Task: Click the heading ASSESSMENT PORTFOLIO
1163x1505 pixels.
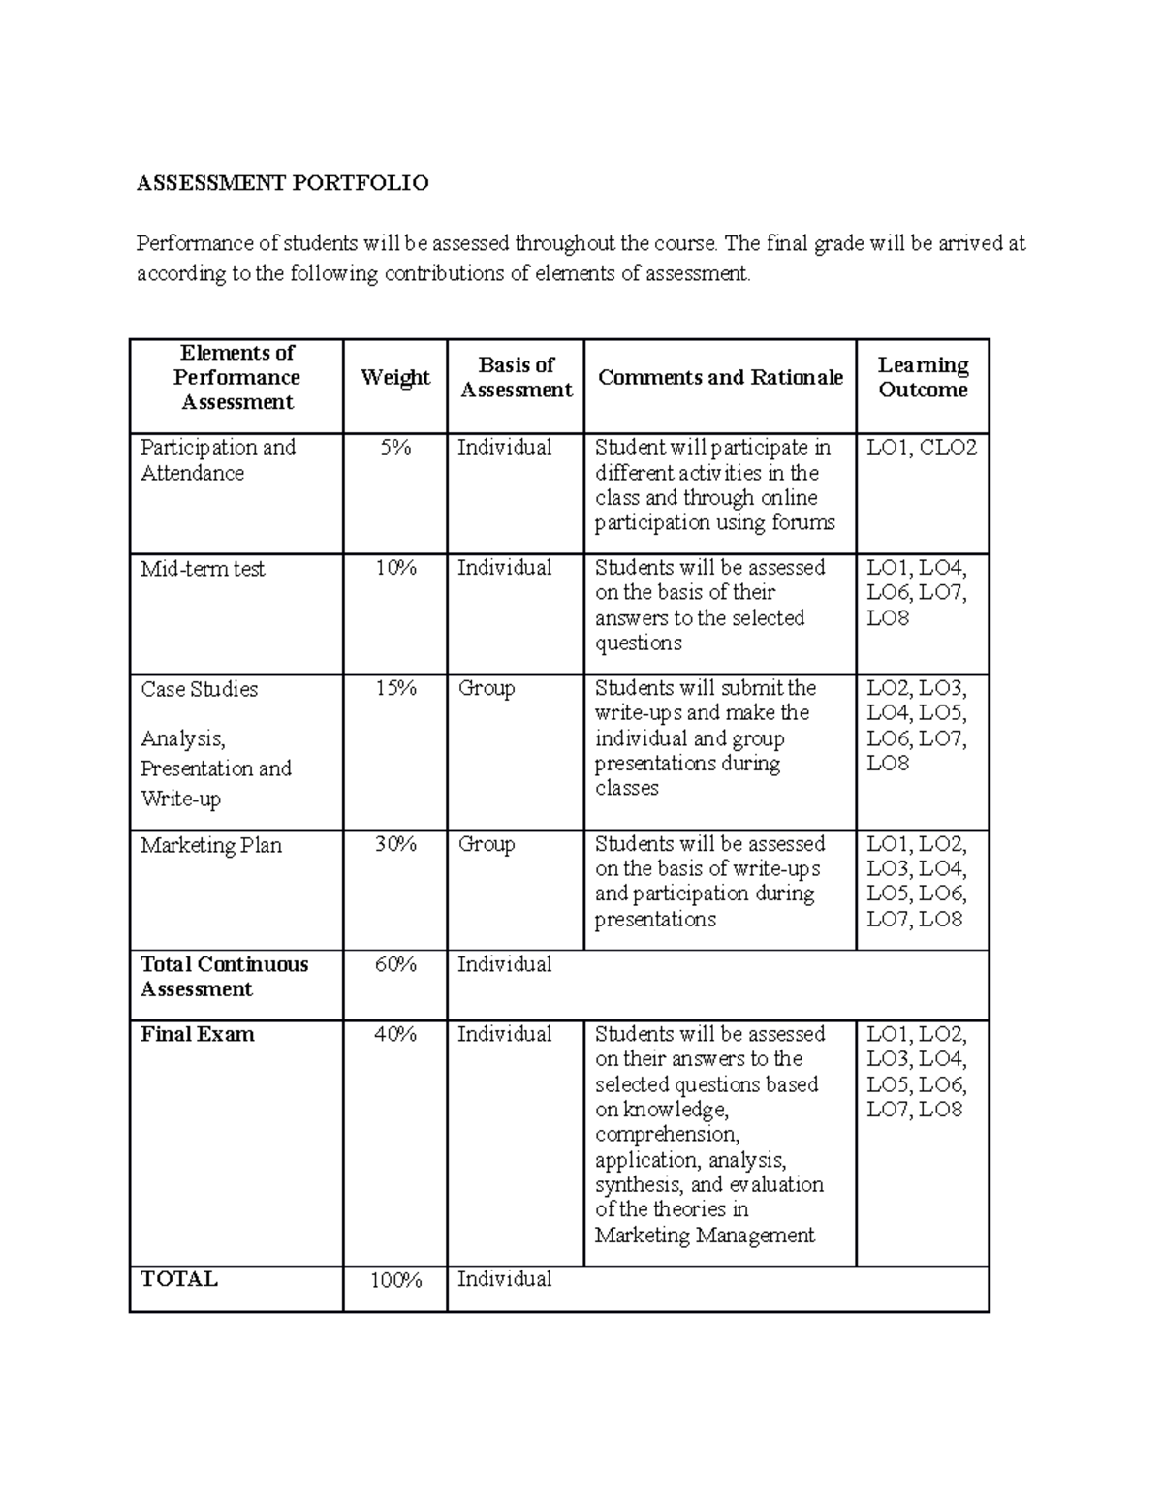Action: [x=282, y=183]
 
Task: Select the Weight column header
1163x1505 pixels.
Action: [x=394, y=378]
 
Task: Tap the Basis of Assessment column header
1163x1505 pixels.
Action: [x=516, y=378]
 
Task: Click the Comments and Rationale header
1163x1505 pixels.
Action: [x=720, y=378]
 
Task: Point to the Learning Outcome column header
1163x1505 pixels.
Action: [x=923, y=378]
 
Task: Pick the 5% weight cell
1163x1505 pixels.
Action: [x=394, y=448]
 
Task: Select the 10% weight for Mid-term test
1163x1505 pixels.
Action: [x=395, y=569]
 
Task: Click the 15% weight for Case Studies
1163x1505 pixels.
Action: [x=395, y=689]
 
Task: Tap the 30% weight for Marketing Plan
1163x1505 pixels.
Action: [x=395, y=845]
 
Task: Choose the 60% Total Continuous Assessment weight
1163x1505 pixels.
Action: [x=395, y=965]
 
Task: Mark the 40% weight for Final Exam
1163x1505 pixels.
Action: [x=395, y=1035]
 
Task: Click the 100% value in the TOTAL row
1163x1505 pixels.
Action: [x=395, y=1281]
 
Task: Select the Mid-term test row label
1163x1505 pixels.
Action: [x=203, y=570]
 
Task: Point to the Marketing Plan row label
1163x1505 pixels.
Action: [x=211, y=846]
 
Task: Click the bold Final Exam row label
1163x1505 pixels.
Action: [x=198, y=1035]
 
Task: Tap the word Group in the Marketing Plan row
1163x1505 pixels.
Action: [x=486, y=845]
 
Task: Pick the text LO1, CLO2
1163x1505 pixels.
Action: [x=922, y=448]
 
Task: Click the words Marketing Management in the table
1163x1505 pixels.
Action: [x=705, y=1236]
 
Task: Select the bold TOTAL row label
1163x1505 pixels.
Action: [x=179, y=1280]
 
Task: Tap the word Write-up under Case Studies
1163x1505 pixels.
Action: [x=181, y=800]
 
